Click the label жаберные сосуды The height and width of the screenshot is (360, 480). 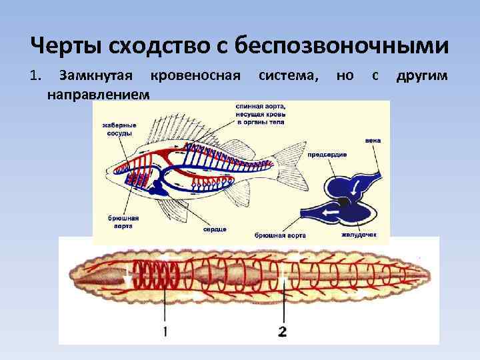click(119, 128)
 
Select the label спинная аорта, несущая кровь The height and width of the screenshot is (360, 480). click(260, 113)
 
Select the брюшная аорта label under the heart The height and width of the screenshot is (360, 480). click(280, 235)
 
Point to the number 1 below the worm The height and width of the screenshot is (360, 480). click(165, 330)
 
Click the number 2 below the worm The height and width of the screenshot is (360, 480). click(283, 330)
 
